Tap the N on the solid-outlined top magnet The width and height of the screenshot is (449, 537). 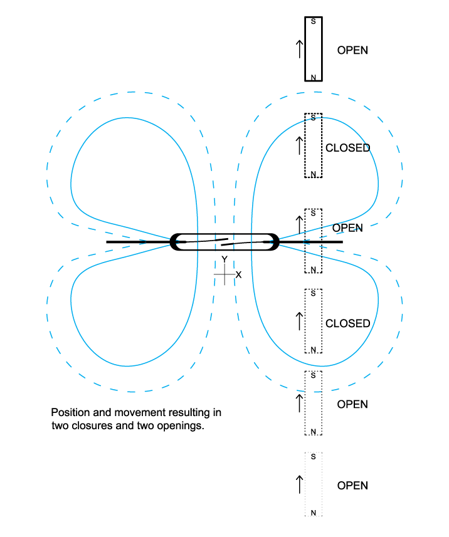[x=314, y=77]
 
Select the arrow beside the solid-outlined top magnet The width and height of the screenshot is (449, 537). [x=299, y=49]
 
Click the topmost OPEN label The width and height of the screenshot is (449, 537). [x=352, y=50]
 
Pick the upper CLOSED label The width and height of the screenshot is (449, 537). [x=347, y=148]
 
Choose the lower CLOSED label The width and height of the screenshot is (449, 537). [x=347, y=323]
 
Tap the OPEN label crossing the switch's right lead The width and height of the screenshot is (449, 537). [x=347, y=228]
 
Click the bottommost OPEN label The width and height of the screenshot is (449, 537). [x=352, y=486]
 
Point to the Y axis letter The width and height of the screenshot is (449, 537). [x=224, y=260]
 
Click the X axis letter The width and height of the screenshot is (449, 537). [x=238, y=274]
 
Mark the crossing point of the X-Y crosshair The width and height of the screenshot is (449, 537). [x=224, y=274]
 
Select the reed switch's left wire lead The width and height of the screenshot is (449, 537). [x=138, y=241]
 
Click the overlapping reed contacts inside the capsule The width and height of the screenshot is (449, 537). [x=224, y=241]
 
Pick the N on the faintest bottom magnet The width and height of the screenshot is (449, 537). [x=314, y=513]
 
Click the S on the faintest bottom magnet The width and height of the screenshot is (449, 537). [x=314, y=457]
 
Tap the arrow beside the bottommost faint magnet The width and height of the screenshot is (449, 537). [x=299, y=484]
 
